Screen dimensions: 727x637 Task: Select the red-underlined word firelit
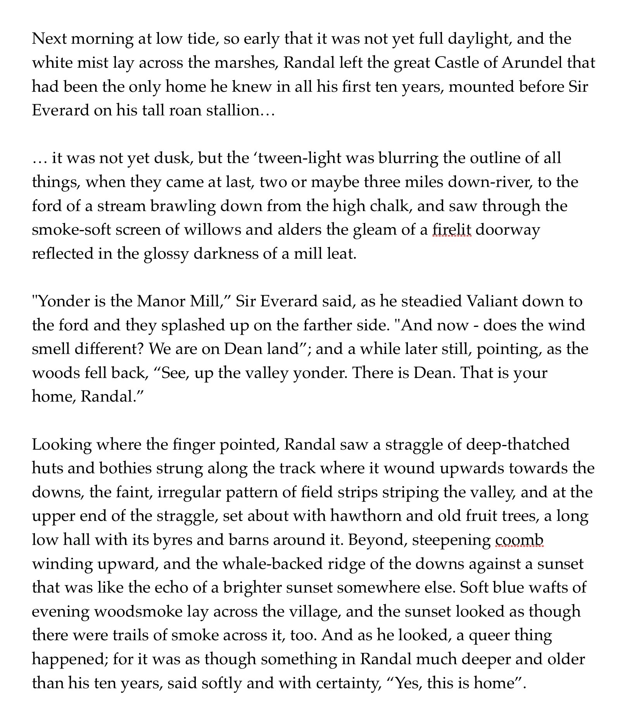pyautogui.click(x=452, y=230)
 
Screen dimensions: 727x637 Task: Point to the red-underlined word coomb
pyautogui.click(x=519, y=540)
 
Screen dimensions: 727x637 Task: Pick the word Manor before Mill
pyautogui.click(x=160, y=301)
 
